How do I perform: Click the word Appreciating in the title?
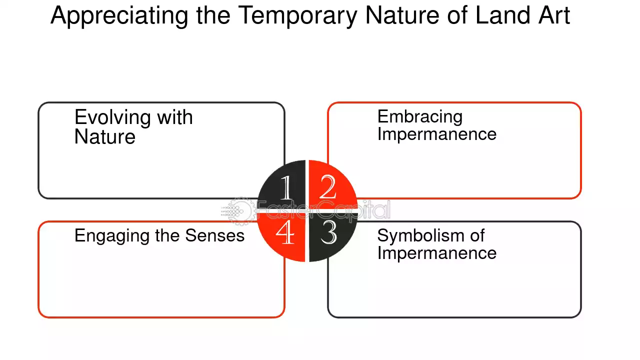pos(119,16)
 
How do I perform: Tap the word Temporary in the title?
pos(297,16)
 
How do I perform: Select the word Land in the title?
pos(503,15)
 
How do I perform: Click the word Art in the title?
pos(554,15)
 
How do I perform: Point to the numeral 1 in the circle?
pos(286,187)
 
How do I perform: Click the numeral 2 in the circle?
pos(327,187)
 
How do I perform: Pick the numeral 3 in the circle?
pos(328,232)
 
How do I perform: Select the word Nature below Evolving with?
pos(105,137)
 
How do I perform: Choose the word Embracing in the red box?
pos(420,117)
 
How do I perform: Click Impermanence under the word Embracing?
pos(437,134)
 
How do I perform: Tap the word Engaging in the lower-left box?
pos(111,236)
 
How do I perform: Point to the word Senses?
pos(215,235)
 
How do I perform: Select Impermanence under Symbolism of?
pos(437,253)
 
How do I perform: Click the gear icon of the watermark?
pos(241,211)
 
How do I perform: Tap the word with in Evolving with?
pos(175,117)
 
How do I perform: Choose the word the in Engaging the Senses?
pos(167,235)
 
